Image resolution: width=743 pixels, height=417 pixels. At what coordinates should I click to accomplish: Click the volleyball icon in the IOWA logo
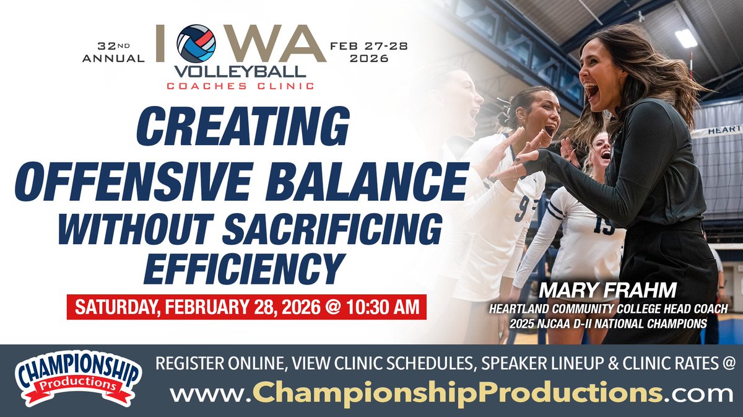click(196, 43)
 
